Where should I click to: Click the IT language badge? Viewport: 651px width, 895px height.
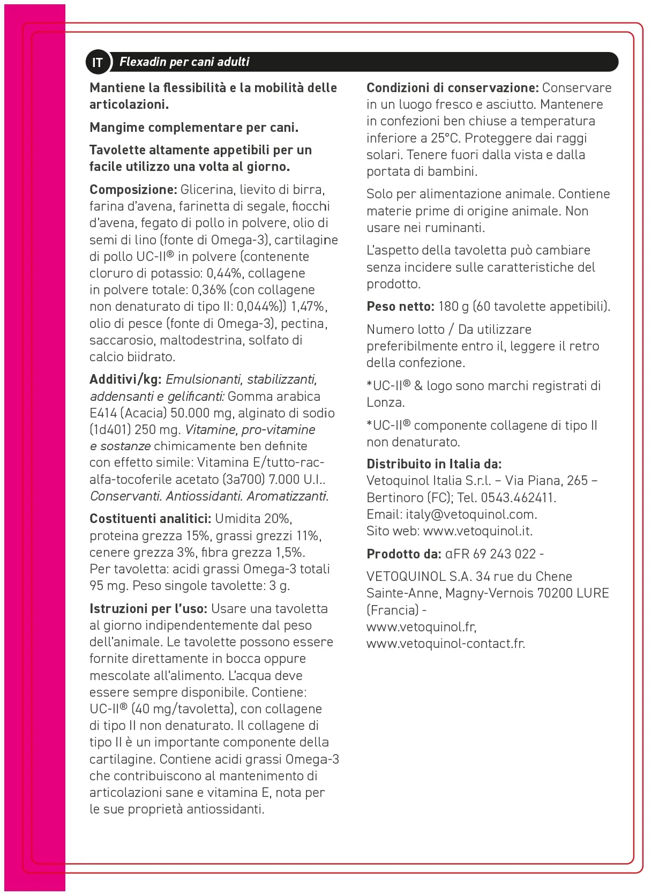coord(97,62)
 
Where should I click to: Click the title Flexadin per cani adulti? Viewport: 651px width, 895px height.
coord(184,62)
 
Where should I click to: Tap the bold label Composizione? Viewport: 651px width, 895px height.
coord(133,190)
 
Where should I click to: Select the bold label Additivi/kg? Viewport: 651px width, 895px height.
coord(125,379)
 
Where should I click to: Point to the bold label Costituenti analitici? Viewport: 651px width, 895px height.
coord(150,519)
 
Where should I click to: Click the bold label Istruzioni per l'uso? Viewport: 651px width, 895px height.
coord(148,609)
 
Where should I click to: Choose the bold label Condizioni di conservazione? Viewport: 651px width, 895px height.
coord(452,88)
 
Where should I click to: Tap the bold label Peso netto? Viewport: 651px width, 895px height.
coord(400,307)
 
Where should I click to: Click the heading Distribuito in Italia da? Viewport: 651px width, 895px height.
coord(433,464)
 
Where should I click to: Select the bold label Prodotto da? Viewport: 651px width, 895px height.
coord(403,554)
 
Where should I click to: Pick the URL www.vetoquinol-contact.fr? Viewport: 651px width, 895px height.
coord(445,644)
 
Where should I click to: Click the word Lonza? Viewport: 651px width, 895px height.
coord(384,402)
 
